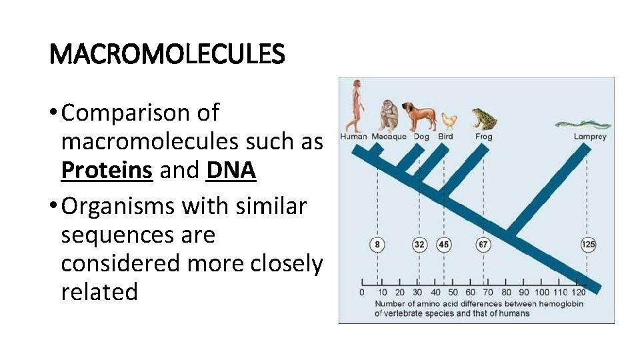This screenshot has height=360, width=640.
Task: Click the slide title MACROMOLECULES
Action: coord(167,54)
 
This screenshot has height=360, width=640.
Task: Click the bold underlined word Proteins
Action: coord(107,170)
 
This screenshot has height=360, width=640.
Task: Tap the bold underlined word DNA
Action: coord(231,170)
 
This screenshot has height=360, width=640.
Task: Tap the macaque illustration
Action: coord(389,115)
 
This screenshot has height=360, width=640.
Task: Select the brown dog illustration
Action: coord(419,117)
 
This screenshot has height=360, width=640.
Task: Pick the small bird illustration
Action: coord(449,121)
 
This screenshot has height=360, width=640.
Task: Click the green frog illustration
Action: coord(484,119)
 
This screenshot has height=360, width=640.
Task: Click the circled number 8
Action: coord(377,245)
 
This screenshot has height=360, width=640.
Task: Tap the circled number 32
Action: coord(419,245)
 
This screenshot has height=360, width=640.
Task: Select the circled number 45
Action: coord(444,245)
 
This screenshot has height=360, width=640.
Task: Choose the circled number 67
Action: coord(483,245)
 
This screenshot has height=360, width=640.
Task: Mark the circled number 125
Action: coord(587,245)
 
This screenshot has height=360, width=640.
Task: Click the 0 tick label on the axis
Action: coord(361,292)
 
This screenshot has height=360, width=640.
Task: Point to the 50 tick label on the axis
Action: coord(453,292)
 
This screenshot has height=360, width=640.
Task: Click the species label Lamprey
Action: coord(590,137)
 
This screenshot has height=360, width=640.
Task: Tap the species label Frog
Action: coord(484,137)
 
